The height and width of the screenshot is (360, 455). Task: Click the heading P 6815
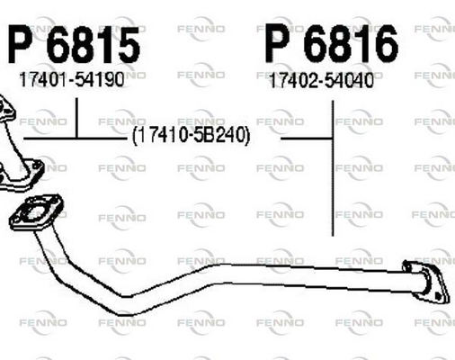[74, 45]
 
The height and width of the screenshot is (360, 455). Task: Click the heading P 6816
[332, 44]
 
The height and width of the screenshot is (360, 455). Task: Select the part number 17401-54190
[71, 80]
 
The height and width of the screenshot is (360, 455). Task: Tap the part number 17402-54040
[322, 81]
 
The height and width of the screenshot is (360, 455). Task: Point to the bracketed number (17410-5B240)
[191, 136]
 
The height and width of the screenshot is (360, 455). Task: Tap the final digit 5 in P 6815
[128, 45]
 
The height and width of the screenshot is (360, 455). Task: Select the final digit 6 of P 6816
[386, 44]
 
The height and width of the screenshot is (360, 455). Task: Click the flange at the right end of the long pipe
[427, 282]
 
